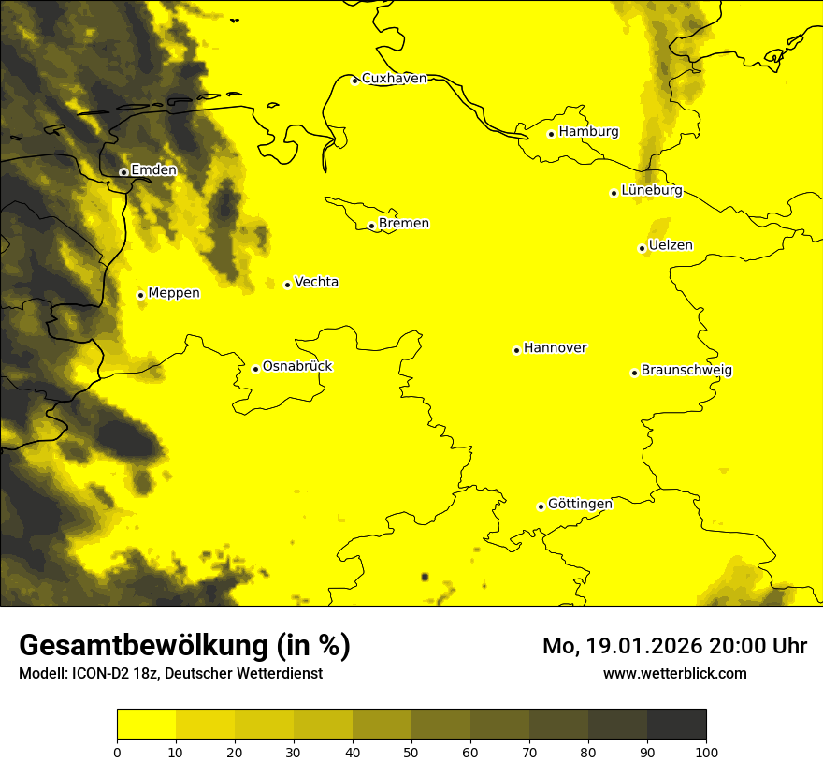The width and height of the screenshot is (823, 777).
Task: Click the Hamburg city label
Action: pos(588,132)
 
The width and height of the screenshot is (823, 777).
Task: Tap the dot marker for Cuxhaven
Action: pos(354,81)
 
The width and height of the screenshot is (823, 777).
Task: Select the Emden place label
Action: pos(153,170)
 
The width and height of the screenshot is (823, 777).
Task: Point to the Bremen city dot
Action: pos(371,226)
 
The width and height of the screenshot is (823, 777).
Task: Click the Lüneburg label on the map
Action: pos(651,191)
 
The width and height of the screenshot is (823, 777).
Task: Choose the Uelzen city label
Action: pos(671,246)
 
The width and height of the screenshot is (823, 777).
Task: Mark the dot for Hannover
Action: pos(516,350)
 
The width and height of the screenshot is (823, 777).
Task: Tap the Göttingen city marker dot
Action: pos(541,506)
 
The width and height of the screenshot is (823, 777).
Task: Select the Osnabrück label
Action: pos(297,367)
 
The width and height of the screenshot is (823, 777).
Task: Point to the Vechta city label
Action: pos(316,282)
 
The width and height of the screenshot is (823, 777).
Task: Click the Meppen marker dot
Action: pos(140,295)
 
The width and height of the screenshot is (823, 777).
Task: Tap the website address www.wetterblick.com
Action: pos(674,674)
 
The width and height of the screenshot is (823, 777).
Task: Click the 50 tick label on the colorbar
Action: pos(411,752)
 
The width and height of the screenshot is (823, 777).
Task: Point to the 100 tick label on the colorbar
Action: pos(706,752)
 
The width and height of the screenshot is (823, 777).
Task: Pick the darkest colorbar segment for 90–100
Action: pos(676,725)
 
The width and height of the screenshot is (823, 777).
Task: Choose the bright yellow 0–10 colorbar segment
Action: pos(146,725)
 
